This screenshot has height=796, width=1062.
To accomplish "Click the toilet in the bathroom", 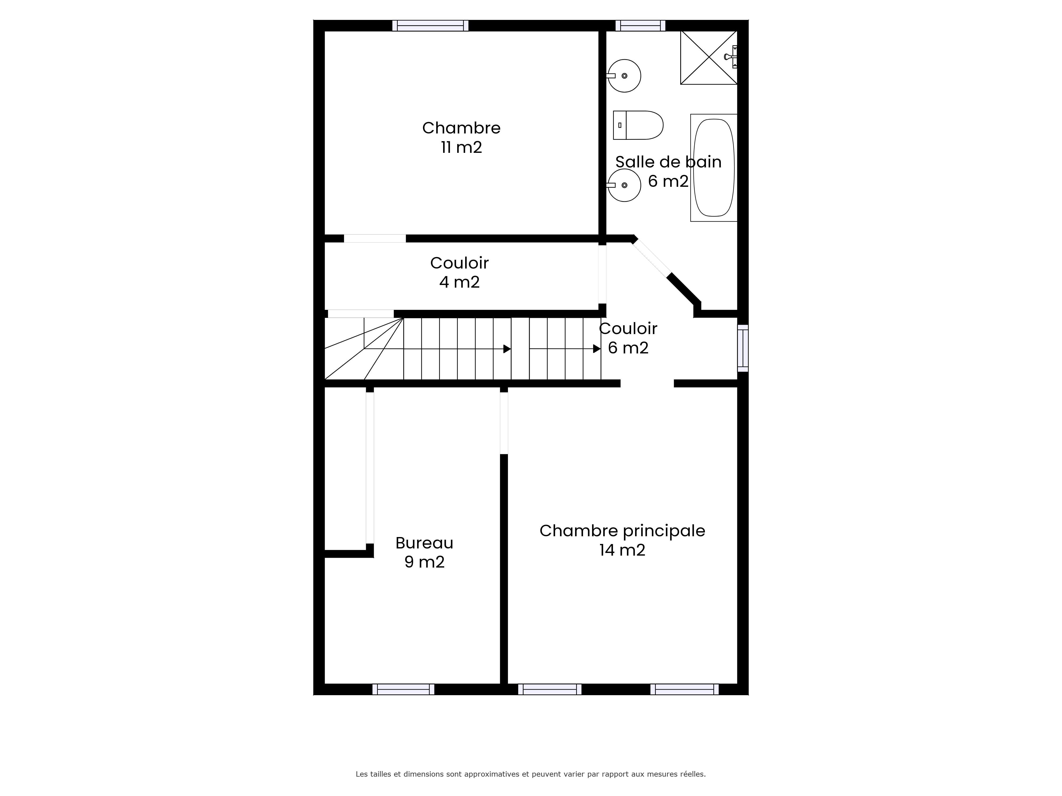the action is [638, 125].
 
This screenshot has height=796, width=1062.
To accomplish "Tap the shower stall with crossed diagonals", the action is [709, 58].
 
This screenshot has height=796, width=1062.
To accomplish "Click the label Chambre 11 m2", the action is [461, 137].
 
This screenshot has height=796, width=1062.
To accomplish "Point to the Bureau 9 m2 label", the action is [425, 552].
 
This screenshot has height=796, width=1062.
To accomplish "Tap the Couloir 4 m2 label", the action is [460, 272].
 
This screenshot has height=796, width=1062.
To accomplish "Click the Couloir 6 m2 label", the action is [628, 338].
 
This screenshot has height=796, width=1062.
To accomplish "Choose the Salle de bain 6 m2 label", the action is [668, 171].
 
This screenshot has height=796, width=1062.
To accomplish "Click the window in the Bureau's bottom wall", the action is [403, 689].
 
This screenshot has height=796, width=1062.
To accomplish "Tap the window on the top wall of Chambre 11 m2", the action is [430, 25].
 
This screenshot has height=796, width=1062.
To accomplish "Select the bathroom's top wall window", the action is [640, 25].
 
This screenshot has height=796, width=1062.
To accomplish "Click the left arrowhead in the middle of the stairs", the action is [507, 349].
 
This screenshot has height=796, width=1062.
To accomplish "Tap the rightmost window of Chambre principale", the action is [685, 689].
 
